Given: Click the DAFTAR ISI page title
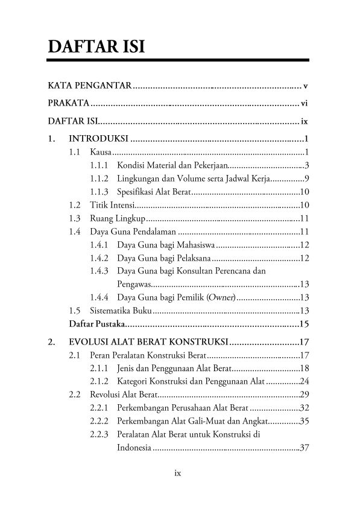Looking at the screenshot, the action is coord(96,46).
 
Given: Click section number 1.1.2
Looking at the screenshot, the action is coord(99,179).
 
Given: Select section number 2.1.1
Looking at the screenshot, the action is coord(99,369).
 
